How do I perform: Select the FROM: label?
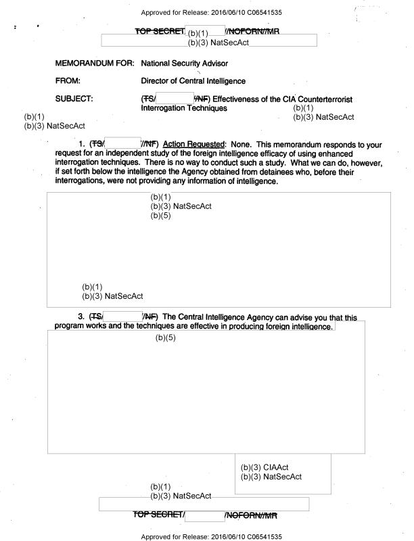click(68, 80)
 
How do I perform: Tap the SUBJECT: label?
click(74, 98)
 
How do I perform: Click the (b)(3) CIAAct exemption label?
click(264, 467)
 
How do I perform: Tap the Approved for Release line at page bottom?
click(207, 536)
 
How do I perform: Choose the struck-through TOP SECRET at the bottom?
click(160, 516)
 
